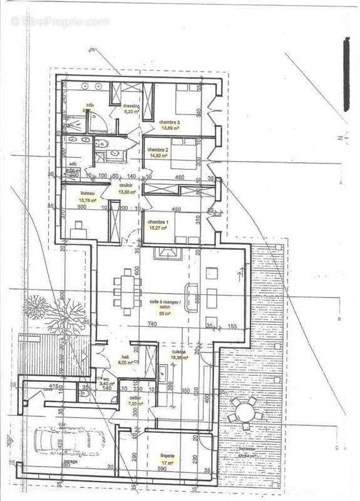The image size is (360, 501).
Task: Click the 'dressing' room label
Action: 131,106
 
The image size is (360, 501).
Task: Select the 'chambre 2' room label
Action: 157,150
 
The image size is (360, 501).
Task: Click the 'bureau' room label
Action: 78,195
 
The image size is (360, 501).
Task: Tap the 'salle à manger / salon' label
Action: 165,303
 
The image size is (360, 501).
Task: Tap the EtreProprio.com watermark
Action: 59,21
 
